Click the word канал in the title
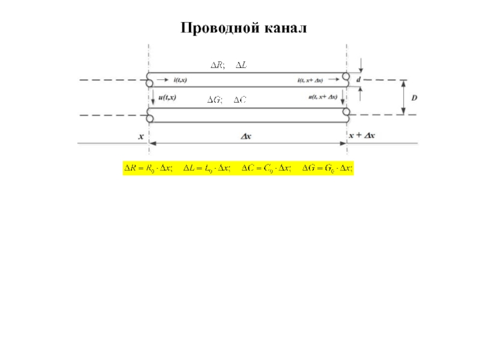coord(283,28)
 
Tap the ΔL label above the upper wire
coord(240,65)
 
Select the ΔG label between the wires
coord(215,100)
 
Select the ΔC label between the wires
coord(239,100)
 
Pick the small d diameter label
coord(358,79)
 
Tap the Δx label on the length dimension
coord(247,136)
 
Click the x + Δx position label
coord(362,136)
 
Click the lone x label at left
coord(142,136)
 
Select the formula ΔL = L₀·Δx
coord(207,169)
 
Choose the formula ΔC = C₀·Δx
coord(266,169)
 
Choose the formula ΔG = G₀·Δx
coord(326,169)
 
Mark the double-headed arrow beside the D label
coord(404,97)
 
